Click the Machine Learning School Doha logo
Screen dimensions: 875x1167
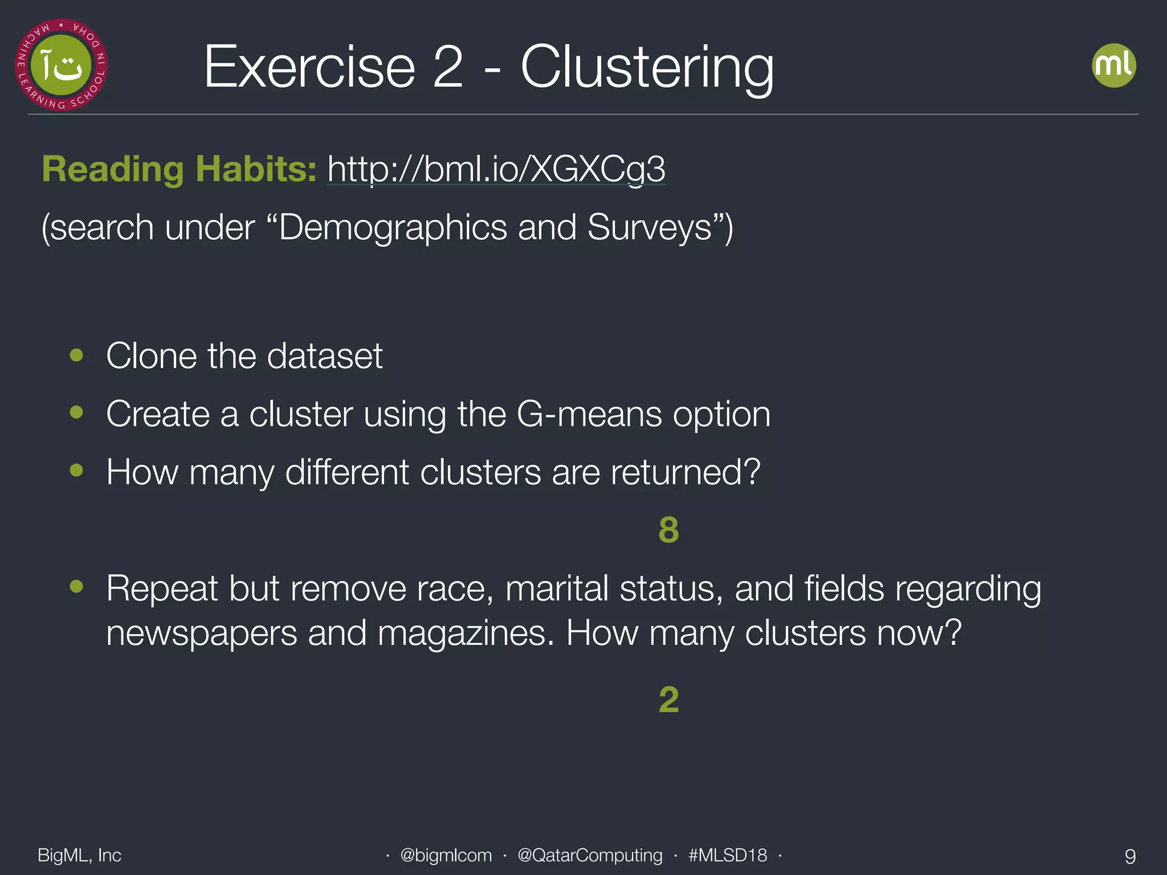pos(61,65)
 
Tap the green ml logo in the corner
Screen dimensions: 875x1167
pos(1113,66)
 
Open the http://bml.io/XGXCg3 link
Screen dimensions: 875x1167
pos(496,169)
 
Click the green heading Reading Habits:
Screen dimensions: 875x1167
pos(179,169)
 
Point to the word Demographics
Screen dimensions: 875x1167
pos(393,228)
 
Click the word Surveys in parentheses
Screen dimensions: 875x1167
pos(650,228)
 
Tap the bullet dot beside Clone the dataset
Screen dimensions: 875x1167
pos(76,355)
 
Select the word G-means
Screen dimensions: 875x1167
pos(589,414)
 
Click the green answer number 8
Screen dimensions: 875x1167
pos(668,530)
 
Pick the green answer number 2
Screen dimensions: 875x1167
pos(668,700)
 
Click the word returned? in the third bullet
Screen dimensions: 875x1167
pos(685,472)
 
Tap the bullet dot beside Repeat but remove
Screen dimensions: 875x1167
pos(76,586)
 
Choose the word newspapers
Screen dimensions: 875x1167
pos(202,633)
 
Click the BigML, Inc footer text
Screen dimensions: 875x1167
pos(79,855)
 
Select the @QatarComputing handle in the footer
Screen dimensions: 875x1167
pos(590,855)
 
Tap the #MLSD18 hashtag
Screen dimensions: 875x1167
pos(728,855)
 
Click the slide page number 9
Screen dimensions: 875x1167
pos(1130,856)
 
